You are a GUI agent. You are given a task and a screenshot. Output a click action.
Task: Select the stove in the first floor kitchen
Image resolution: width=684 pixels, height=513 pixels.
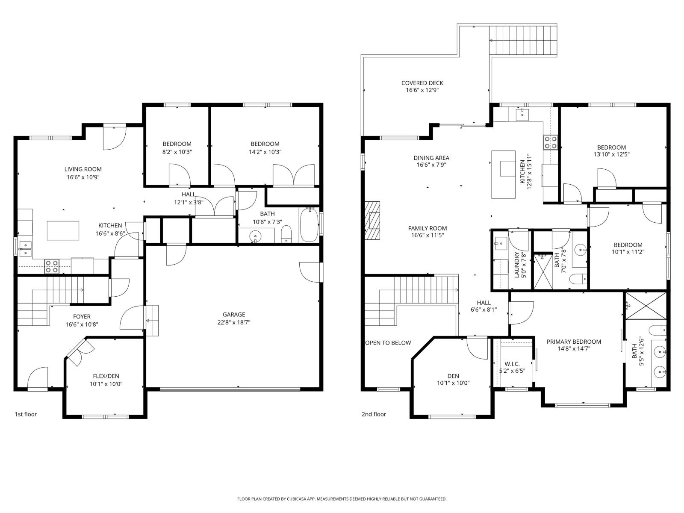pos(52,266)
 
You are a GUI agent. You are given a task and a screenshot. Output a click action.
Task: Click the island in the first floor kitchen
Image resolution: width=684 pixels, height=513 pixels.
pos(63,230)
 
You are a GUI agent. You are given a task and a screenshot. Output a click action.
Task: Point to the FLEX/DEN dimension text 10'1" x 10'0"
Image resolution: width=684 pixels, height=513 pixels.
pos(106,384)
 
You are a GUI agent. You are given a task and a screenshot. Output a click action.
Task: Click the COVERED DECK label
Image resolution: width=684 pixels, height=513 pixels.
pos(422,83)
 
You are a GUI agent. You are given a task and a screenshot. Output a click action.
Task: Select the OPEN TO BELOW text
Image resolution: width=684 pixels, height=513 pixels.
pos(388,343)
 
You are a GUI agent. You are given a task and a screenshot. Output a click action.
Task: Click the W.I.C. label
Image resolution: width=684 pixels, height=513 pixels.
pos(512,364)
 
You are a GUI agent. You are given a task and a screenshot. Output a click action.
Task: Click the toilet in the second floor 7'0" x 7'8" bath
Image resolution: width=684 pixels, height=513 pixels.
pos(578,279)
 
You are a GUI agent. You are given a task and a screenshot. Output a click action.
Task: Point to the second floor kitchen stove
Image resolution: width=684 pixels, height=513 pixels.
pos(550,142)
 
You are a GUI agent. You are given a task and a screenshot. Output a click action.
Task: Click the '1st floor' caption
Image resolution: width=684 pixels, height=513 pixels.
pos(26,414)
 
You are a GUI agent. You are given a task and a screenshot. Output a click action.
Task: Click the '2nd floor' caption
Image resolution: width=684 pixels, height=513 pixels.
pos(374,414)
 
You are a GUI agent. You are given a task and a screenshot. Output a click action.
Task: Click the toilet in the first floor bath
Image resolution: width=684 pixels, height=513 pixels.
pos(286,234)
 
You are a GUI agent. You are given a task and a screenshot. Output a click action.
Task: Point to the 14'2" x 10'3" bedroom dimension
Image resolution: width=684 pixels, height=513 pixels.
pos(265,152)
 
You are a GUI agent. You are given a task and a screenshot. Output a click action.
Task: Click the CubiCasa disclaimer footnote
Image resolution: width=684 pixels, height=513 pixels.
pos(342,499)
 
